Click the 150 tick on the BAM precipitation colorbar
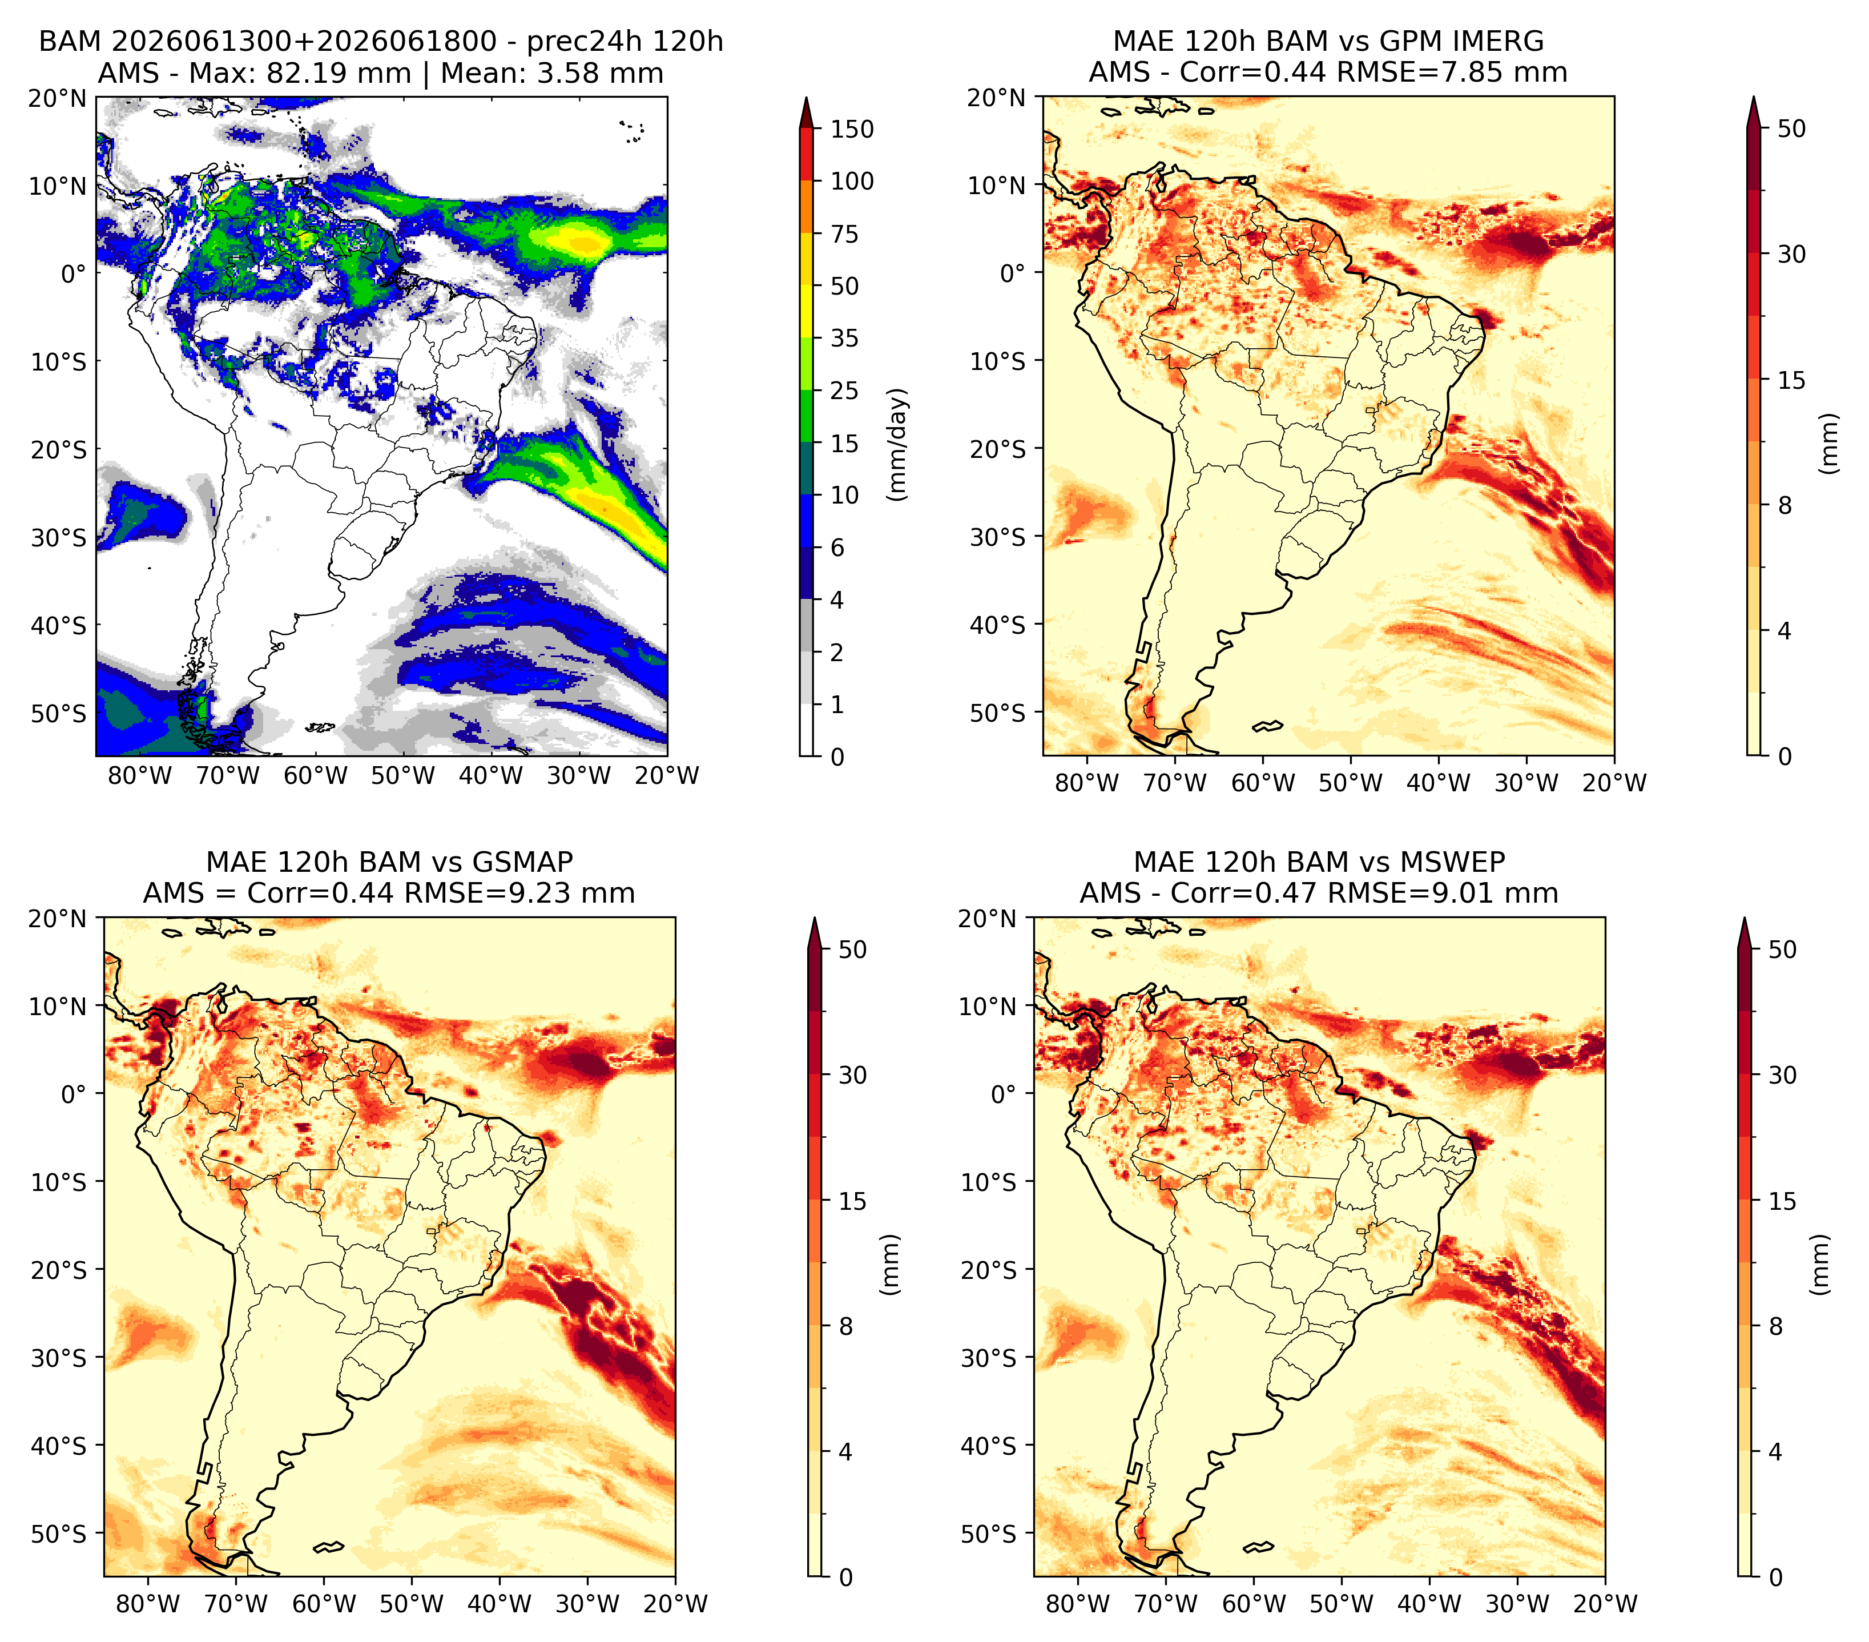[x=851, y=129]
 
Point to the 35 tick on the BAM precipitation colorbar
[x=844, y=338]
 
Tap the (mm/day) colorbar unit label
[x=899, y=444]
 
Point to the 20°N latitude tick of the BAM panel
[x=59, y=98]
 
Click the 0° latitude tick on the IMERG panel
[x=1014, y=272]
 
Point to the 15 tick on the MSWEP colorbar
[x=1782, y=1201]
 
